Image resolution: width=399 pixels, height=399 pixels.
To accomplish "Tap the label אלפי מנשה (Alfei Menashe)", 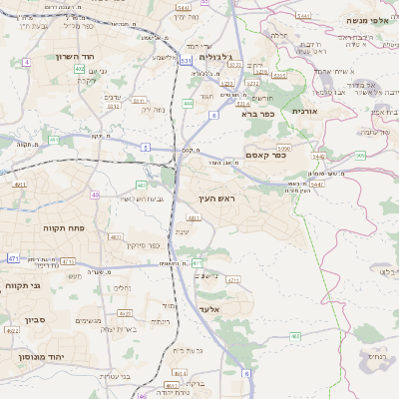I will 365,20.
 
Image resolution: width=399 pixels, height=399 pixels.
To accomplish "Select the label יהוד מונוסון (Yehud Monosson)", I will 40,356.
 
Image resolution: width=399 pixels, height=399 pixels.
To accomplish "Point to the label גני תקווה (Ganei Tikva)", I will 23,286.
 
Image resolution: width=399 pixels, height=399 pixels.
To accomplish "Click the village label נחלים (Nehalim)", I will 122,288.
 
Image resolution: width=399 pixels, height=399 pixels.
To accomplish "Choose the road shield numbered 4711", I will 233,280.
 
